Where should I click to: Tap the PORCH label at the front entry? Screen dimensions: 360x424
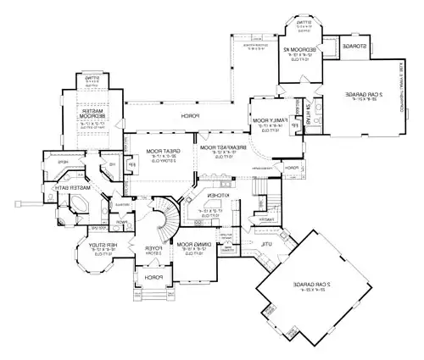pyautogui.click(x=153, y=276)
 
